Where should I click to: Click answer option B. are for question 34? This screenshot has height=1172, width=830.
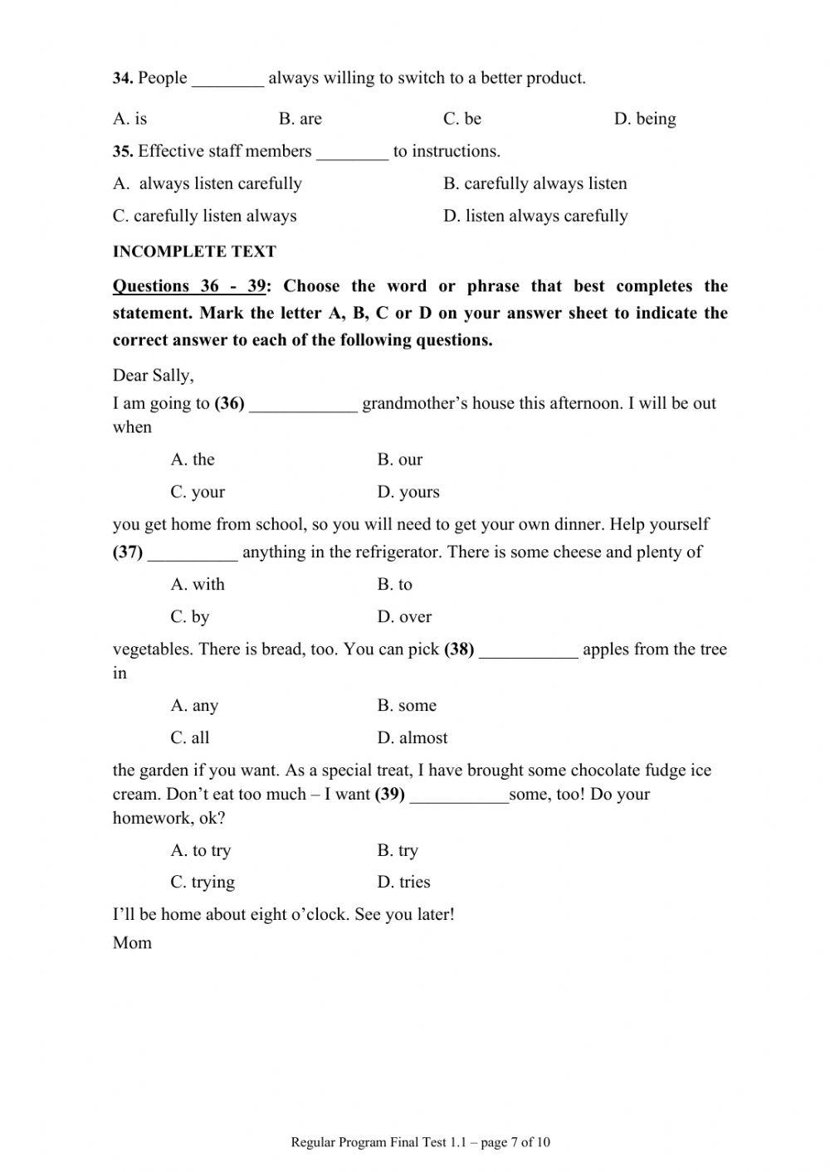pyautogui.click(x=300, y=119)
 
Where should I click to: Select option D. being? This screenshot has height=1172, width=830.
pyautogui.click(x=644, y=119)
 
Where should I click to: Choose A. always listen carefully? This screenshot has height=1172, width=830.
pyautogui.click(x=207, y=183)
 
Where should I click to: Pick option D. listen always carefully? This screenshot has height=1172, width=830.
pyautogui.click(x=535, y=216)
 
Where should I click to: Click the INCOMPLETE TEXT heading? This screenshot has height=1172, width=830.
pyautogui.click(x=194, y=251)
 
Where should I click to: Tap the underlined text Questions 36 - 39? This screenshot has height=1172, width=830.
pyautogui.click(x=189, y=286)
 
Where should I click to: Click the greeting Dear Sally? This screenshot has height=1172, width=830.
pyautogui.click(x=154, y=375)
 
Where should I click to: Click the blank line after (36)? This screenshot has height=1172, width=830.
pyautogui.click(x=303, y=405)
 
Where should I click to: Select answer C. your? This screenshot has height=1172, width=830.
pyautogui.click(x=198, y=492)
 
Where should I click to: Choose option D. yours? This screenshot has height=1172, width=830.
pyautogui.click(x=408, y=492)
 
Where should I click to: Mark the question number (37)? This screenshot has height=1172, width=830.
pyautogui.click(x=128, y=552)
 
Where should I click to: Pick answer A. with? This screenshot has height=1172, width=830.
pyautogui.click(x=198, y=584)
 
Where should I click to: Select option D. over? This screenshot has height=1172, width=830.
pyautogui.click(x=404, y=616)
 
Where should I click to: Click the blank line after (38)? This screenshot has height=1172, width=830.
pyautogui.click(x=528, y=650)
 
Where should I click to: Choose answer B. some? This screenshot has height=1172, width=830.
pyautogui.click(x=407, y=706)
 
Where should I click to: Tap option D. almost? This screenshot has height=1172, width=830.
pyautogui.click(x=413, y=737)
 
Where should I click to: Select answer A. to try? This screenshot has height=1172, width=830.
pyautogui.click(x=201, y=850)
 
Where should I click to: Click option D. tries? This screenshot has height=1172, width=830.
pyautogui.click(x=403, y=882)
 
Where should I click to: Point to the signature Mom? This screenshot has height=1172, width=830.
pyautogui.click(x=132, y=942)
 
